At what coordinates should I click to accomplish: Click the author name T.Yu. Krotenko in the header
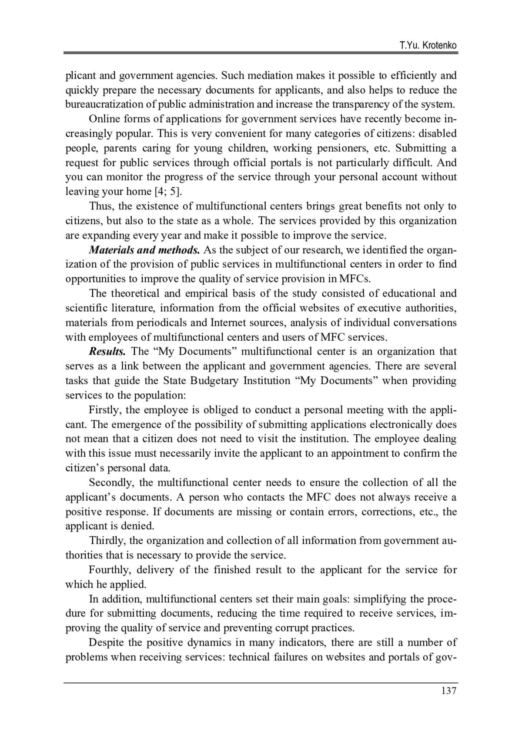(x=428, y=46)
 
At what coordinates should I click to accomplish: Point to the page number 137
(x=448, y=691)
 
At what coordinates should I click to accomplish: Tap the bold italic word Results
(x=107, y=352)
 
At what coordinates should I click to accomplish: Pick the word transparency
(x=368, y=104)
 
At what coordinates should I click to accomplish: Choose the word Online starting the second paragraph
(x=104, y=119)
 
